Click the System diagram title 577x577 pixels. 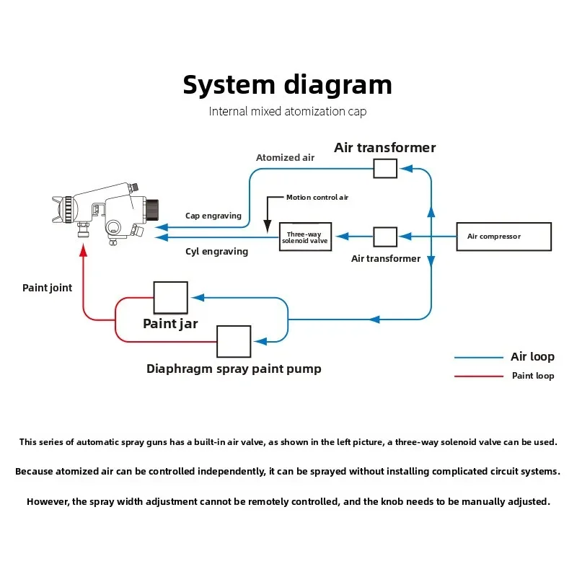[287, 84]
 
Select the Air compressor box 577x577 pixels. [503, 237]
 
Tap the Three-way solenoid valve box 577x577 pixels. [305, 237]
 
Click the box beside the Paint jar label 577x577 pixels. [170, 297]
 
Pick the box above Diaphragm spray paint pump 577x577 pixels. [234, 341]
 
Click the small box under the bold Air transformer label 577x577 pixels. [385, 169]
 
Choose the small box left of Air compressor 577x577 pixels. [385, 237]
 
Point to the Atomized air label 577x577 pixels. [285, 158]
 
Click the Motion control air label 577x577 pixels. [317, 197]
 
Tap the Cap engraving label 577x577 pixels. [213, 216]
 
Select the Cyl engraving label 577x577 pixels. [216, 252]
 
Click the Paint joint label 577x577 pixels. [48, 288]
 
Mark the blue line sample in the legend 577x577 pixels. [478, 358]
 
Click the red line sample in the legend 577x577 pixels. [478, 376]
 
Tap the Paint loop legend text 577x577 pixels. [533, 376]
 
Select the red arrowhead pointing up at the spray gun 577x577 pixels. [84, 248]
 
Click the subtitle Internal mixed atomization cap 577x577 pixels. [288, 112]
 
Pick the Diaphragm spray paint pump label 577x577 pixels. [234, 369]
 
